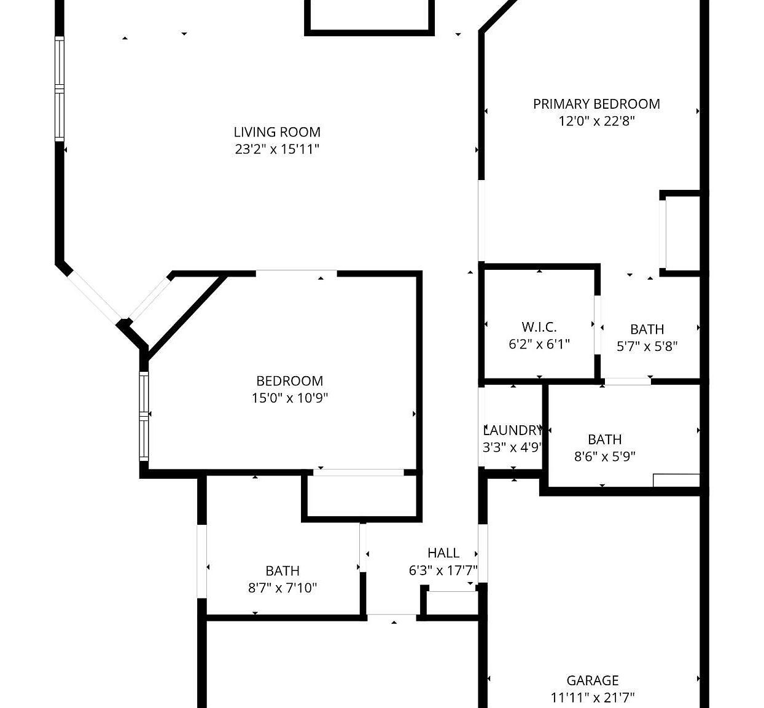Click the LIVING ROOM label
click(277, 132)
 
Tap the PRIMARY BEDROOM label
click(596, 104)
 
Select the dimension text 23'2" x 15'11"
click(277, 149)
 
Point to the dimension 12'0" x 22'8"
click(596, 121)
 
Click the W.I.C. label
click(539, 327)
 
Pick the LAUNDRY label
click(512, 430)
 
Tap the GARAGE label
click(592, 680)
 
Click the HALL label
click(443, 553)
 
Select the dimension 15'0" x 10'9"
click(290, 398)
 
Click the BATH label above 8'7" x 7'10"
click(283, 571)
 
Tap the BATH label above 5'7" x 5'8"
click(647, 329)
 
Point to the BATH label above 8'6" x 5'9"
click(604, 439)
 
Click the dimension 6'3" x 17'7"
click(443, 570)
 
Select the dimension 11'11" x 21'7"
click(592, 698)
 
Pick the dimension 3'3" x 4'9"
click(512, 447)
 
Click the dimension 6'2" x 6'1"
click(539, 344)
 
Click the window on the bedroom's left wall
click(144, 416)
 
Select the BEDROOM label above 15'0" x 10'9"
click(290, 381)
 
